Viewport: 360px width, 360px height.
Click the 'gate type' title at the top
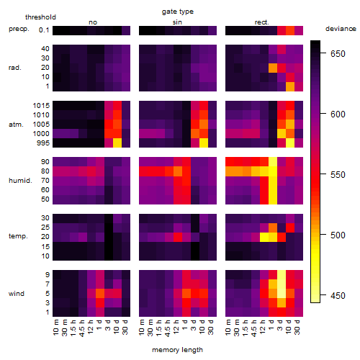178,12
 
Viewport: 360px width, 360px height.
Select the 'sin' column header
177,22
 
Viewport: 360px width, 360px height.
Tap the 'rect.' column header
262,22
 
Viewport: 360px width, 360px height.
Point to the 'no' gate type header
93,22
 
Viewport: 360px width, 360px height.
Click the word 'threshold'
40,17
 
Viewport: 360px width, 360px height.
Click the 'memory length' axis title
177,350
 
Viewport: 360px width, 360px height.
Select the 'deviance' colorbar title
341,29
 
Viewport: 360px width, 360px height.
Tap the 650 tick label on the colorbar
338,54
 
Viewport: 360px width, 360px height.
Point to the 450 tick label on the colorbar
338,295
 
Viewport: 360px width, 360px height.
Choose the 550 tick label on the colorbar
338,174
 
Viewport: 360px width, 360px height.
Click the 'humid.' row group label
20,181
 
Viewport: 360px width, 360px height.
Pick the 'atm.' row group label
16,125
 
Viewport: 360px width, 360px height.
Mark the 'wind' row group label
17,294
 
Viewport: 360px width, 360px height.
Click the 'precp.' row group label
19,29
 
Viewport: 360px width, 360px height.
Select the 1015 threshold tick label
41,106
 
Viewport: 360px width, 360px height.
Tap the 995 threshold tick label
43,143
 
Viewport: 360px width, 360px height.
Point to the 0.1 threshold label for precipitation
44,30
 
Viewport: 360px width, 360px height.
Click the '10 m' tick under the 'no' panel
56,328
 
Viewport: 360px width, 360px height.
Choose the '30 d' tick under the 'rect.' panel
297,328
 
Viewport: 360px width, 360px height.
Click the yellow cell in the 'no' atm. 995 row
117,143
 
